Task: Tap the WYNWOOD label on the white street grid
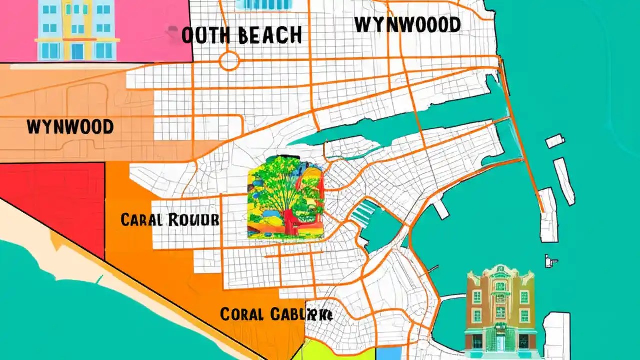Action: pos(407,24)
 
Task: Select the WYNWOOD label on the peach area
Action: pos(70,127)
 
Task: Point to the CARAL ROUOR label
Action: pos(170,219)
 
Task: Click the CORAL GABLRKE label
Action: pos(276,314)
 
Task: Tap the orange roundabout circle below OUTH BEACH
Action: pos(229,61)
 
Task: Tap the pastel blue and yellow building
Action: pos(77,30)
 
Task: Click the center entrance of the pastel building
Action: pos(77,51)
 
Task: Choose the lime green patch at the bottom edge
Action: pos(340,350)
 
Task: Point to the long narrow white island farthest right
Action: pos(564,181)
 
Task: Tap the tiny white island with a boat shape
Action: pos(551,260)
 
